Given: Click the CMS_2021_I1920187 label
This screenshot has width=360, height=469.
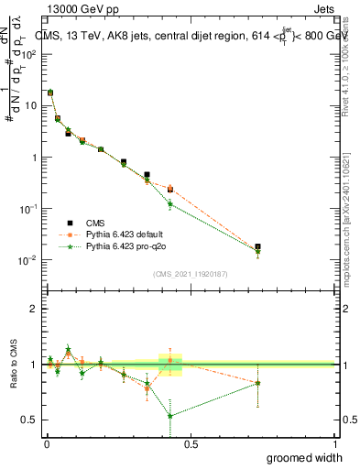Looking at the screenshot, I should pyautogui.click(x=190, y=273).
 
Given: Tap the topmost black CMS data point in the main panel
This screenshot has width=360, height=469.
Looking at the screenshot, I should pyautogui.click(x=50, y=93).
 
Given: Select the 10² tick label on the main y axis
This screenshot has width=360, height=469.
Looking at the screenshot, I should pyautogui.click(x=29, y=53).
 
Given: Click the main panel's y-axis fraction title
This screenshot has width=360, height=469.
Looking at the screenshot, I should pyautogui.click(x=18, y=110).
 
